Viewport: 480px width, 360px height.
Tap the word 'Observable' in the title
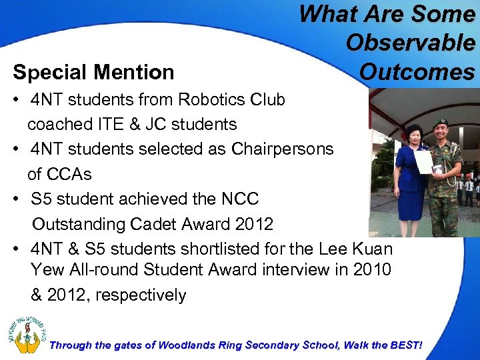[410, 43]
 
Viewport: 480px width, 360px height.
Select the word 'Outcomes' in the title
[417, 71]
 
